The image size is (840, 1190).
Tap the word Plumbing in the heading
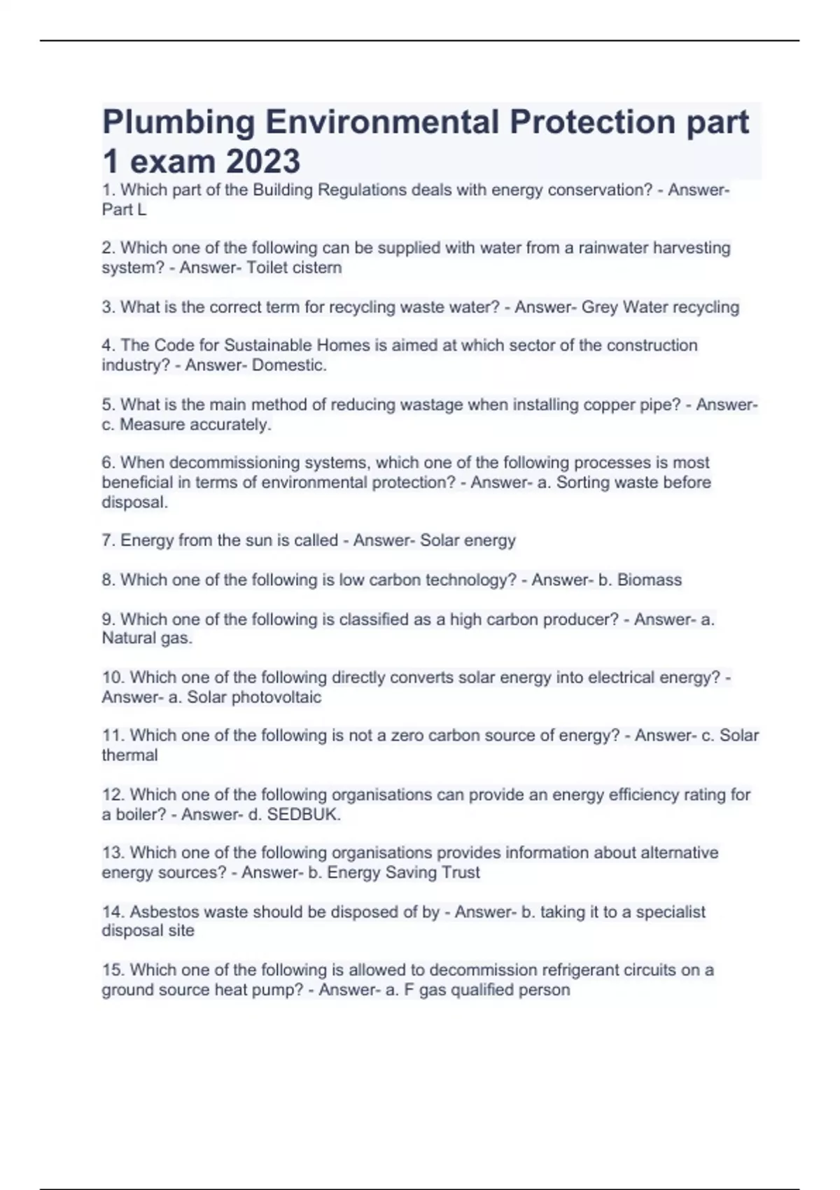[x=178, y=122]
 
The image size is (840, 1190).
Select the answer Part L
[x=124, y=209]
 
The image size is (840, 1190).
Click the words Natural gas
[x=146, y=638]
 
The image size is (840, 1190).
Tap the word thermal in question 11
[x=129, y=755]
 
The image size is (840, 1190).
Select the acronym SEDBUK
[x=302, y=814]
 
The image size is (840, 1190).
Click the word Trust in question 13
[x=461, y=872]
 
